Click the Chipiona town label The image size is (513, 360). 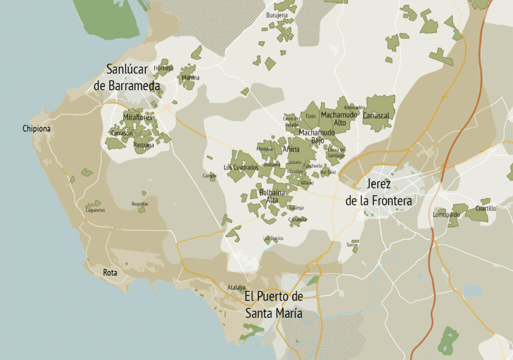(37, 129)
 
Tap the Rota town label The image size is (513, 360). (110, 273)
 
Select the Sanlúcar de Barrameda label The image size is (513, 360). (127, 77)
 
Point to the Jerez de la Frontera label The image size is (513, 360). (379, 192)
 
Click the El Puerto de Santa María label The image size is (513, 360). (274, 304)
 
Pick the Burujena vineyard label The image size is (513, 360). (277, 16)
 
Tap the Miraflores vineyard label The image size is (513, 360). (137, 117)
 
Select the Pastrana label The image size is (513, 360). (144, 145)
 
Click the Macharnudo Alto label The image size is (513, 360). (339, 118)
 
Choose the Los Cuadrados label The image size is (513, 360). (241, 167)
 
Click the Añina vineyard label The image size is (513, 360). (291, 149)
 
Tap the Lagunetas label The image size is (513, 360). (95, 210)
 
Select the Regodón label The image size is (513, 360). (140, 204)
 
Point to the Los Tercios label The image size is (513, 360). (273, 238)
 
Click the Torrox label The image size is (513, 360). (352, 245)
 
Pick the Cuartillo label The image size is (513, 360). (485, 208)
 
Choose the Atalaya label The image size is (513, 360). (236, 287)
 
